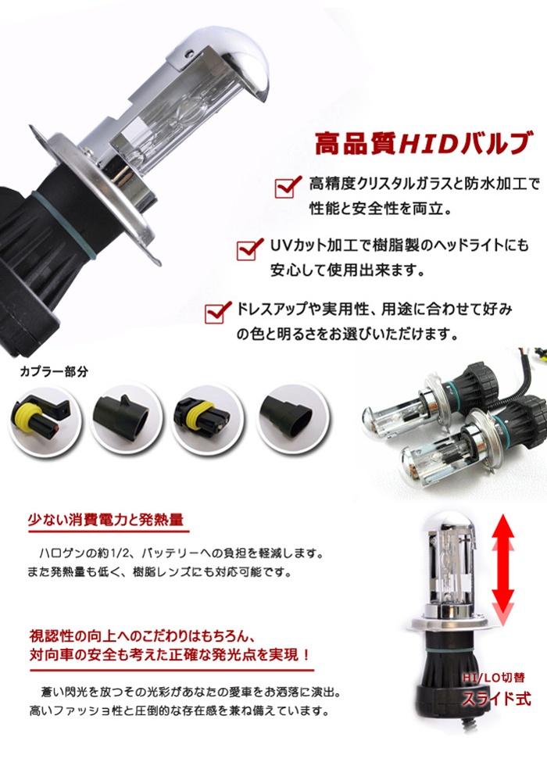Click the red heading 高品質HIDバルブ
[424, 143]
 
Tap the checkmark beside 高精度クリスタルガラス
[288, 186]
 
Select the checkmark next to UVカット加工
[250, 249]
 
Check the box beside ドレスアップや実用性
[218, 312]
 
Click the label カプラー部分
[54, 372]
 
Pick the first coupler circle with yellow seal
[45, 420]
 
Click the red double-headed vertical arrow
[502, 570]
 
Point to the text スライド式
[496, 699]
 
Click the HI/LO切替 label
[493, 678]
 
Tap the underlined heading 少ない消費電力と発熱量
[106, 520]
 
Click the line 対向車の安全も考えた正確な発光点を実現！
[170, 655]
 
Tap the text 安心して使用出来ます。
[347, 270]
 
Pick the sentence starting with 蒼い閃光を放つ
[191, 692]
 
